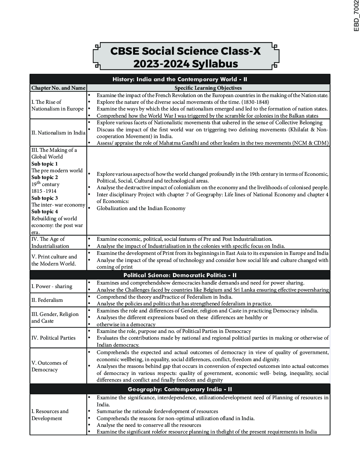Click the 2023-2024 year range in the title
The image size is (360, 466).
161,64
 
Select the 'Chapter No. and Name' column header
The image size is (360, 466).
58,88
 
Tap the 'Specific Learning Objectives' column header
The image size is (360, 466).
208,88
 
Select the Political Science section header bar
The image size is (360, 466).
180,275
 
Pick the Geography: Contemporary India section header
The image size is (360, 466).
180,389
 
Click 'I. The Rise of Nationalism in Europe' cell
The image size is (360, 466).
58,105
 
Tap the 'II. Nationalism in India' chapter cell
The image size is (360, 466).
58,133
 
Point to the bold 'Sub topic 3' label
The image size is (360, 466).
45,198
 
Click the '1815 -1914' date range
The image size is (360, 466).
44,191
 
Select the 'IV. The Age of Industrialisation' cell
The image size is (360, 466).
50,243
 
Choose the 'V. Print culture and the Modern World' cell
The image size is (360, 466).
54,260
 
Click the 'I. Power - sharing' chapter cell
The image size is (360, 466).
52,286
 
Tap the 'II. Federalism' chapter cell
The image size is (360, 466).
47,300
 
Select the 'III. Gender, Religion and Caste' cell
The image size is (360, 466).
55,317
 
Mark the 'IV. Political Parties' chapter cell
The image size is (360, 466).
53,338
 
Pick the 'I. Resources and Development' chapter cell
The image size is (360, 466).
50,415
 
